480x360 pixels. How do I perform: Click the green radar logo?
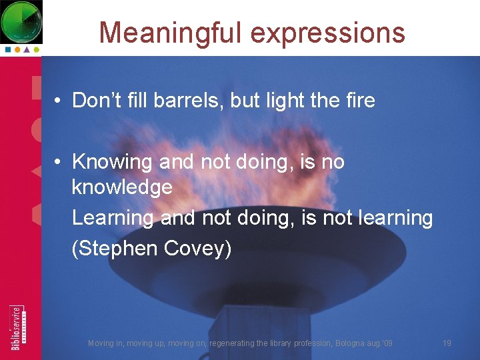[x=21, y=21]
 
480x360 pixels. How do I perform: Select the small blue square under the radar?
[x=7, y=49]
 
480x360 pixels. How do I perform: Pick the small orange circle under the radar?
[x=17, y=49]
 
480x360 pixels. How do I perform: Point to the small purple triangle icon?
[x=27, y=49]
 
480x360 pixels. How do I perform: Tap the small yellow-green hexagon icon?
[x=37, y=49]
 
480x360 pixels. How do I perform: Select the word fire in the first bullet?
[x=360, y=101]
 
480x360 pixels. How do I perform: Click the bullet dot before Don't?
[x=59, y=101]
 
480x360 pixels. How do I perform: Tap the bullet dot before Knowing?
[x=59, y=162]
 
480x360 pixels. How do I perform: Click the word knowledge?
[x=122, y=187]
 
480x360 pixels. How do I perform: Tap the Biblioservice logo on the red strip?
[x=17, y=327]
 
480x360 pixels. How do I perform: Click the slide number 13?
[x=447, y=343]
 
